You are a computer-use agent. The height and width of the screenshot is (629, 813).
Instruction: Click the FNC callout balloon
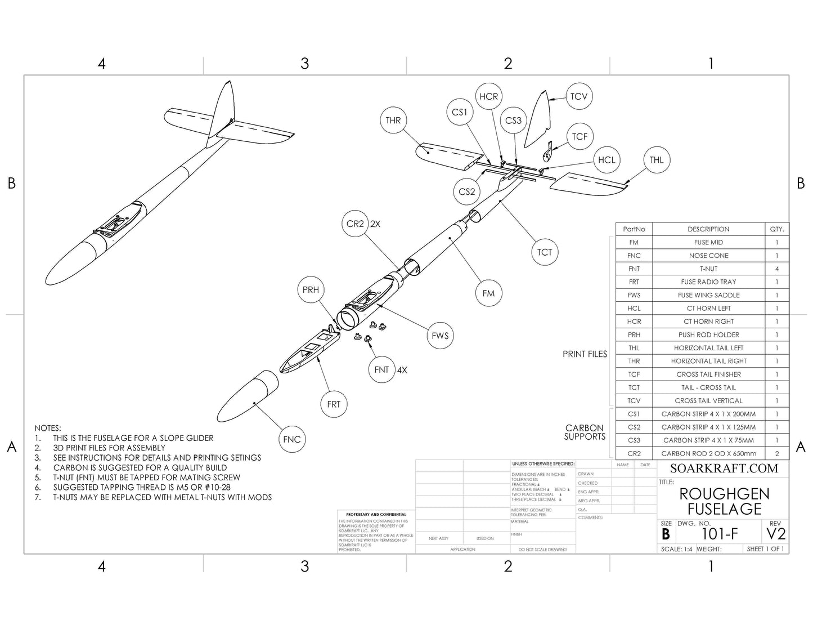[291, 439]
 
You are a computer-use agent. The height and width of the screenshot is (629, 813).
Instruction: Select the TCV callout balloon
[578, 96]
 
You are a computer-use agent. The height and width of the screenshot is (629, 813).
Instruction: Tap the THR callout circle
[393, 120]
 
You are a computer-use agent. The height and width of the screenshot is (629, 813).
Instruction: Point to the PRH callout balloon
[311, 289]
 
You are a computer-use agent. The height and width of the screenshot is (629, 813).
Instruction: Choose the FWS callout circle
[440, 336]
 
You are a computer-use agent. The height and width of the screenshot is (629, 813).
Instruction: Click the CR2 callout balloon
[356, 224]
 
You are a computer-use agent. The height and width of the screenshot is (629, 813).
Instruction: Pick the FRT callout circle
[334, 404]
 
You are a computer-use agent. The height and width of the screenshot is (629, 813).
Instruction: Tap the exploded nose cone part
[248, 398]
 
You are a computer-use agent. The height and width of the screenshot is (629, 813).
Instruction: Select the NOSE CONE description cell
[708, 256]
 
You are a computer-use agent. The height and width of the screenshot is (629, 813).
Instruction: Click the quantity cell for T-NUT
[777, 269]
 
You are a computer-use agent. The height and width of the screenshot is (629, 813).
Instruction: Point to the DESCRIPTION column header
[708, 229]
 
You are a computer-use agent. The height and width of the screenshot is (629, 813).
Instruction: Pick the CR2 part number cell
[634, 453]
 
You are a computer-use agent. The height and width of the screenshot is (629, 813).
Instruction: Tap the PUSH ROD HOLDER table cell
[708, 334]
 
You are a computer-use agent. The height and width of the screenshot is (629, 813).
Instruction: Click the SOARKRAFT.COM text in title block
[724, 468]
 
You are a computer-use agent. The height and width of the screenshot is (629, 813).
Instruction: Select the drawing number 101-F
[720, 534]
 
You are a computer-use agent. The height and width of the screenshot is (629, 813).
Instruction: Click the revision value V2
[776, 534]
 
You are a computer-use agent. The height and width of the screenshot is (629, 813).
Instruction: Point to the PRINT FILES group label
[585, 354]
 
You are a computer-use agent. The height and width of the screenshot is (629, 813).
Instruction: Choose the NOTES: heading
[48, 428]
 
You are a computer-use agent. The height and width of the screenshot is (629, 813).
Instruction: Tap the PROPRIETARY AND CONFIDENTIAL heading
[376, 515]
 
